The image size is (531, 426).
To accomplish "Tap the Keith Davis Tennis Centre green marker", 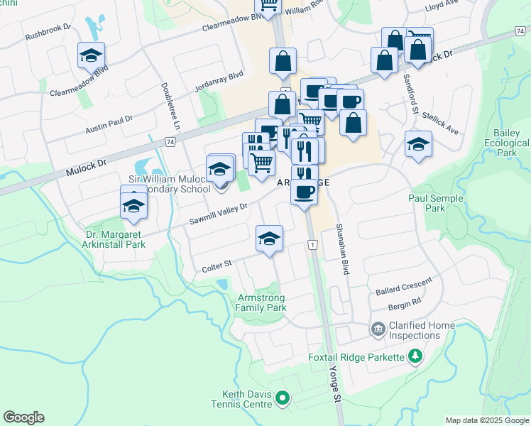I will pos(283,399).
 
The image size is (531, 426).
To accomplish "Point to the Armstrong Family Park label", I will pos(261,303).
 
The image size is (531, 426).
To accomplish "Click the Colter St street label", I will pos(217,265).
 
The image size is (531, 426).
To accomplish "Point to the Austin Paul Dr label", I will pos(109,126).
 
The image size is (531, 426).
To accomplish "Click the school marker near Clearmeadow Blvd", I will pos(91,56).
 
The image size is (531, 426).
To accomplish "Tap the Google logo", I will pos(24,417).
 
